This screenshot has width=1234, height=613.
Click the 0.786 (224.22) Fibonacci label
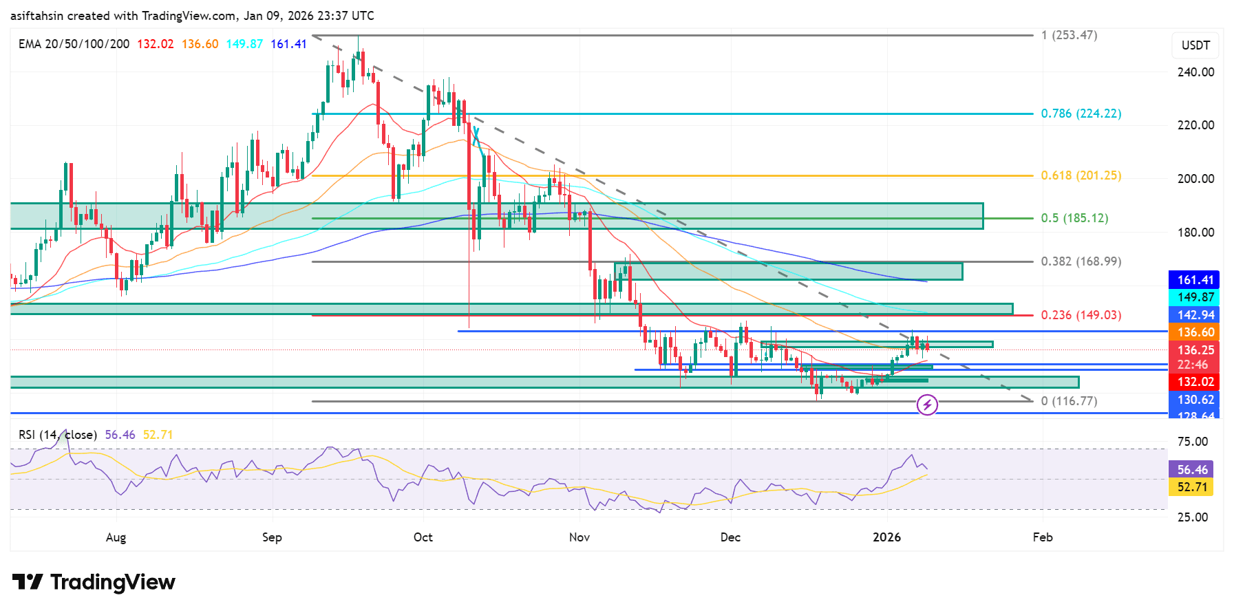pos(1081,114)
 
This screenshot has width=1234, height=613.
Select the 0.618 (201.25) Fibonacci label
pos(1081,175)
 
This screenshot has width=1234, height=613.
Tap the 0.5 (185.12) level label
pos(1074,218)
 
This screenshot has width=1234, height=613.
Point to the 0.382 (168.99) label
pos(1081,261)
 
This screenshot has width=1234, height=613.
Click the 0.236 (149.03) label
pos(1081,315)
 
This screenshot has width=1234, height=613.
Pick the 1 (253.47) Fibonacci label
pos(1069,35)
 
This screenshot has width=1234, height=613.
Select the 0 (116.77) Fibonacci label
pos(1069,401)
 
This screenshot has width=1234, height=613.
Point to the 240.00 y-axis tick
pos(1195,72)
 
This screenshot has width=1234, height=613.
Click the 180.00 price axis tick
pos(1195,233)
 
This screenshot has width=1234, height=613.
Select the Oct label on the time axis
pos(423,537)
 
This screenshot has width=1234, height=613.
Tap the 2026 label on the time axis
pos(886,537)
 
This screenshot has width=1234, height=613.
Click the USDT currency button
pos(1195,45)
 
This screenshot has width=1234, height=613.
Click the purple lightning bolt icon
pos(927,405)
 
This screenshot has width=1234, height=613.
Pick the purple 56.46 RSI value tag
pos(1192,470)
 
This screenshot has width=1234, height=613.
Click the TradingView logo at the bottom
pos(94,582)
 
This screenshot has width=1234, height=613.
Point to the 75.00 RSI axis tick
pos(1192,442)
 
